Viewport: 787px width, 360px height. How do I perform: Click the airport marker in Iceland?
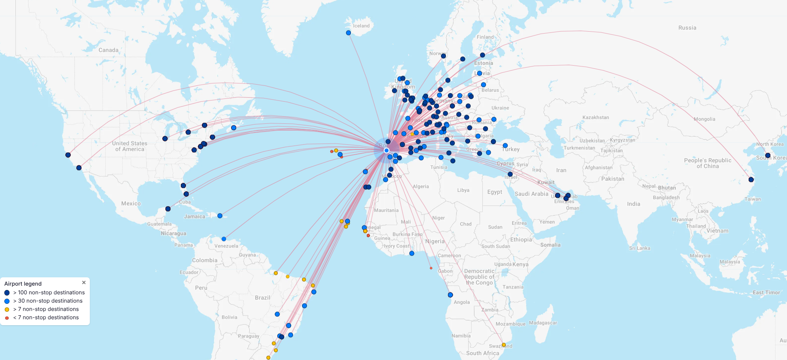(x=348, y=33)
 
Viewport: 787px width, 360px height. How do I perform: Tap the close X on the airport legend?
(x=84, y=282)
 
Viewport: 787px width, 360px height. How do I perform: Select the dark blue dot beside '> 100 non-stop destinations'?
(x=7, y=293)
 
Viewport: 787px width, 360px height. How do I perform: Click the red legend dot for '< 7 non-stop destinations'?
(x=7, y=318)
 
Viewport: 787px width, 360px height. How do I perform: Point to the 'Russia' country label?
(x=687, y=28)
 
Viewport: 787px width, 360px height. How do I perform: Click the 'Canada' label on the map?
(x=108, y=50)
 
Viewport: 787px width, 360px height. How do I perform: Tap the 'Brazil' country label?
(x=262, y=297)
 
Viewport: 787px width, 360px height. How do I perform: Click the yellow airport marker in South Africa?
(x=504, y=345)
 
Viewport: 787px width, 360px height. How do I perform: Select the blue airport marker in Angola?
(x=450, y=295)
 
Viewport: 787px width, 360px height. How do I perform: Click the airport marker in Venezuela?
(x=224, y=239)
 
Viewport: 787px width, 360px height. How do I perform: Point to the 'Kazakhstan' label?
(x=595, y=117)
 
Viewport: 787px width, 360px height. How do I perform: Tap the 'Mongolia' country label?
(x=704, y=119)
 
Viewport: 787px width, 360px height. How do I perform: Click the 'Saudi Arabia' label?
(x=531, y=194)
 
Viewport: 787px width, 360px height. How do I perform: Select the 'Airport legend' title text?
(x=23, y=284)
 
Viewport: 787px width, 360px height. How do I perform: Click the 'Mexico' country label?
(x=131, y=203)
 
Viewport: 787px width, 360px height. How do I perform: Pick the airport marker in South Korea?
(x=768, y=155)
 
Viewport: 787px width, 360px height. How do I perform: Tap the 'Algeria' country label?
(x=421, y=186)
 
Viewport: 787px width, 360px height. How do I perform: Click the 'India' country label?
(x=633, y=204)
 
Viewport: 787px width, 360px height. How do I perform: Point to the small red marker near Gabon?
(x=431, y=268)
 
